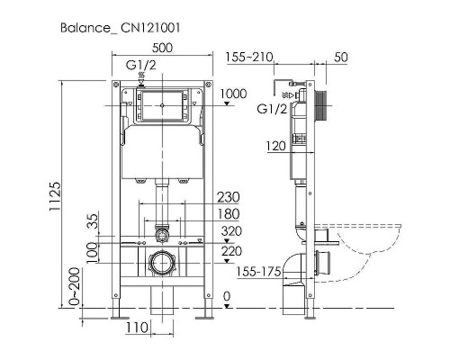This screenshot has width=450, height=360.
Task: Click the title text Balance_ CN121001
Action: click(122, 28)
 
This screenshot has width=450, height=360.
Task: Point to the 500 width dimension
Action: click(163, 49)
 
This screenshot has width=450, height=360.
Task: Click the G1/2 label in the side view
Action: click(273, 109)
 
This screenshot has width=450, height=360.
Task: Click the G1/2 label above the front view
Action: click(140, 65)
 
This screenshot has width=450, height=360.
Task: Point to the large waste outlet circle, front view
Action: click(161, 265)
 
